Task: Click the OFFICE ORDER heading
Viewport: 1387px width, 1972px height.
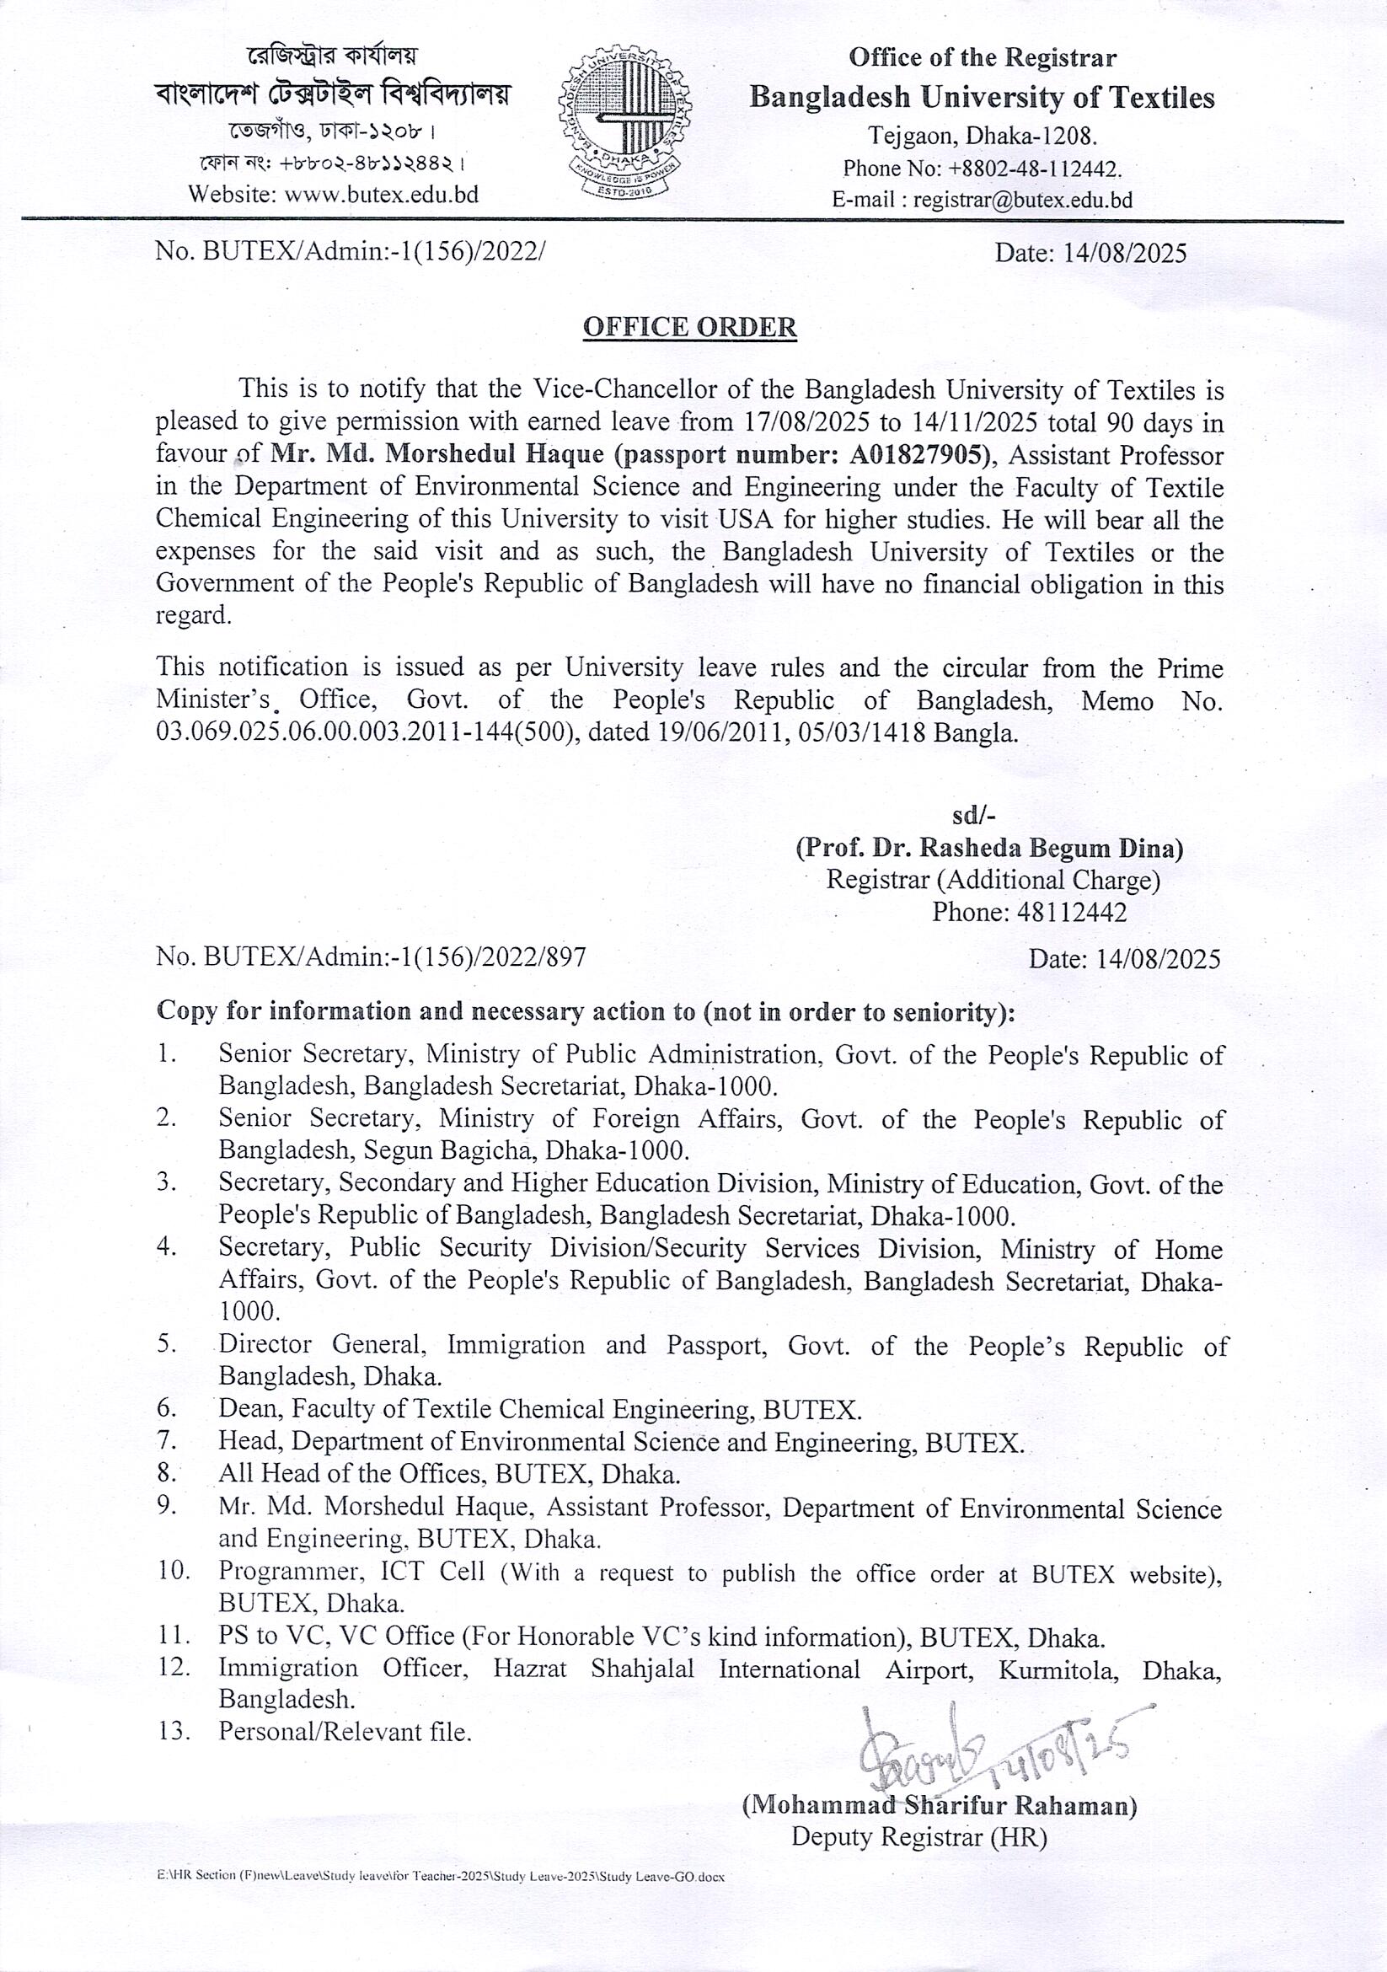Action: pos(689,327)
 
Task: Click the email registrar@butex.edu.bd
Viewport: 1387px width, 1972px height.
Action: pos(1023,200)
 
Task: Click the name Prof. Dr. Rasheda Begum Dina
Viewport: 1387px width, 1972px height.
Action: pos(989,848)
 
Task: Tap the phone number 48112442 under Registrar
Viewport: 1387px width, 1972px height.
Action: pos(1070,911)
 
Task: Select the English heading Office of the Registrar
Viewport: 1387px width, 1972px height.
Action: pos(983,58)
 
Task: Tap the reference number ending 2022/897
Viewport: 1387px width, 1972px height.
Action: pos(371,957)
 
